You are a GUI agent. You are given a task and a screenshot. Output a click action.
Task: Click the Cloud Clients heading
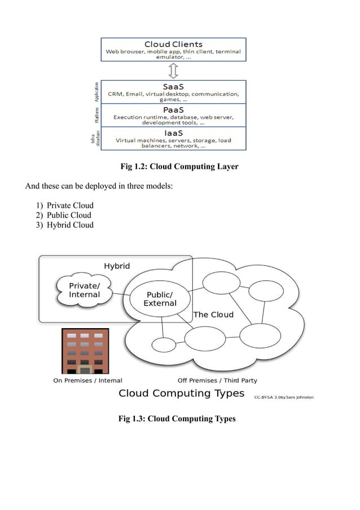(173, 44)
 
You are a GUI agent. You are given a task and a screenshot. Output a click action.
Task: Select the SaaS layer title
(173, 86)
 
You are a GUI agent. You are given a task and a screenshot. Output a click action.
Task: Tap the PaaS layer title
(173, 110)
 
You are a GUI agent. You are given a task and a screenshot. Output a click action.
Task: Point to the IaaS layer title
(173, 133)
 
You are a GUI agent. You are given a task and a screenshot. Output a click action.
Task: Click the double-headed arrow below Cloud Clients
(173, 71)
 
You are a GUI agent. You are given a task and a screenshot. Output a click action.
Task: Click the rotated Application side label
(96, 91)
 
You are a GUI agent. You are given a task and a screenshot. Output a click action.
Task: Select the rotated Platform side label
(96, 115)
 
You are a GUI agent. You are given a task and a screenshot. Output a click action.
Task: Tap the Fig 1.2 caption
(179, 167)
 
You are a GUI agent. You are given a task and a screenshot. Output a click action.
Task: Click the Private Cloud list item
(70, 206)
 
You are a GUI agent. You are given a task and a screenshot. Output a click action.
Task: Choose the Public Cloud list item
(69, 215)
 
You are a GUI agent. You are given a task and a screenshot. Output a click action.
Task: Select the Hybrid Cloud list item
(70, 225)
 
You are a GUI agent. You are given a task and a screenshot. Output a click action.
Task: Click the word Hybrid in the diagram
(117, 266)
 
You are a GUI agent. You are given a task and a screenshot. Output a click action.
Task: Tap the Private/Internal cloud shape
(84, 290)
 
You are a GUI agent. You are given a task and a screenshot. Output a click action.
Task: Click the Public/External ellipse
(160, 299)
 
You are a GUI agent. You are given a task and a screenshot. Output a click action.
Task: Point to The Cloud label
(213, 315)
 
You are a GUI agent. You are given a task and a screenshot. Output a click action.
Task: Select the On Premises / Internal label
(87, 380)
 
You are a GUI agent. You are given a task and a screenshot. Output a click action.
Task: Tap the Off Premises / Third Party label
(217, 380)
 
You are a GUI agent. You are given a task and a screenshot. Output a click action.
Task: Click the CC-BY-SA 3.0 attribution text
(283, 397)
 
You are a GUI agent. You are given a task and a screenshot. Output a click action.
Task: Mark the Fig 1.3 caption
(177, 419)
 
